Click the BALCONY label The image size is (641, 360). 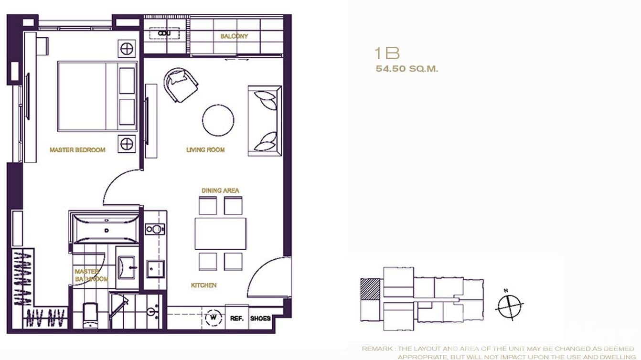tap(234, 36)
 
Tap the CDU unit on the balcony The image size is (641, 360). tap(164, 33)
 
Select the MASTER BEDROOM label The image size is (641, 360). tap(77, 150)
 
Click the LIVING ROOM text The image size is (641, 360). tap(205, 150)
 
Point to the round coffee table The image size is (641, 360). tap(218, 120)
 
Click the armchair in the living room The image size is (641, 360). tap(181, 85)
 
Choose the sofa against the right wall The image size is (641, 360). tap(265, 121)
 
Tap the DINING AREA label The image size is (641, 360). tap(220, 191)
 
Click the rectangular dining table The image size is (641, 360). tap(220, 233)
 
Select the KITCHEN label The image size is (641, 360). tap(204, 286)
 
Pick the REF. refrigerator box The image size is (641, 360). tap(236, 318)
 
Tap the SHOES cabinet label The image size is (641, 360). tap(260, 318)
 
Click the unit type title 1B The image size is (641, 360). tap(387, 53)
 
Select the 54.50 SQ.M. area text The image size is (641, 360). tap(407, 69)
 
